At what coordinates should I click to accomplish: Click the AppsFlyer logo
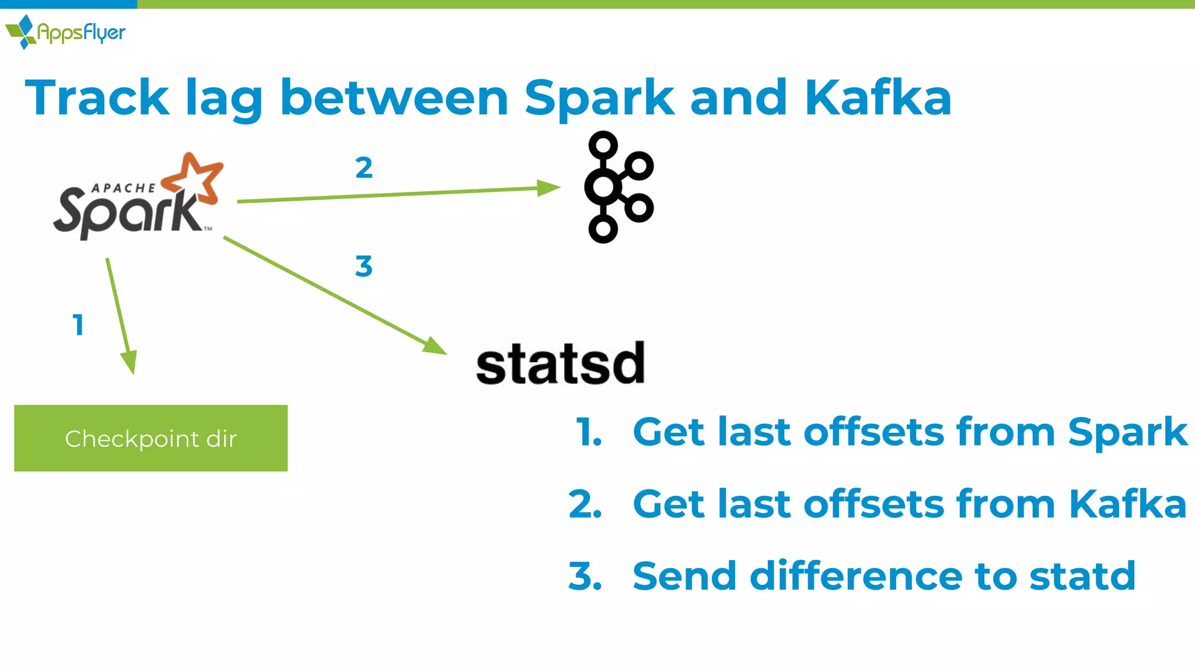pos(65,32)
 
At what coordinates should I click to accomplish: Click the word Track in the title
pos(97,98)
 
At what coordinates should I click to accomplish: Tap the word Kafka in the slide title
pos(878,98)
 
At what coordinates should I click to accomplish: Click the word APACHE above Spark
pos(124,188)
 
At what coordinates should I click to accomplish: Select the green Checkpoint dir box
pos(151,438)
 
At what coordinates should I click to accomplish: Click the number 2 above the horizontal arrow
pos(364,168)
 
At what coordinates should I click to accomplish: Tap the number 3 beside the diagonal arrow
pos(364,267)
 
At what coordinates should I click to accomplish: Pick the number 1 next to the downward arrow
pos(78,325)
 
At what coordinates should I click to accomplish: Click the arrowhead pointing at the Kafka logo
pos(548,188)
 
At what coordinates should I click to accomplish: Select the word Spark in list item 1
pos(1127,433)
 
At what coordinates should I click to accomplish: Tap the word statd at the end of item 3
pos(1082,576)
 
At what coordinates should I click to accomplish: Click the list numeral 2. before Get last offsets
pos(585,504)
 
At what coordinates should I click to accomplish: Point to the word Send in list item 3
pos(684,576)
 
